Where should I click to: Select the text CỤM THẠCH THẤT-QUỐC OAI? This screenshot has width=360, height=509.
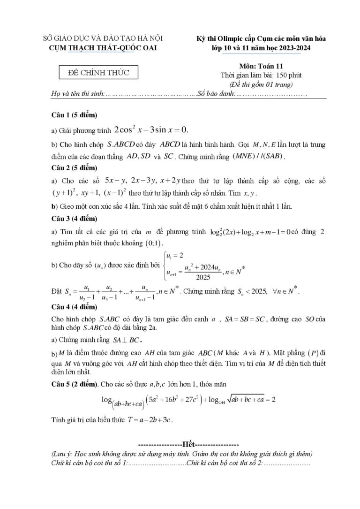pos(104,47)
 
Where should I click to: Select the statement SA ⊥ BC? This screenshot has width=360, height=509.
pos(127,340)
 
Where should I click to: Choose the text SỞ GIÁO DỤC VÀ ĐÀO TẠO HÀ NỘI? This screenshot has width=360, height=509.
pos(103,38)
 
